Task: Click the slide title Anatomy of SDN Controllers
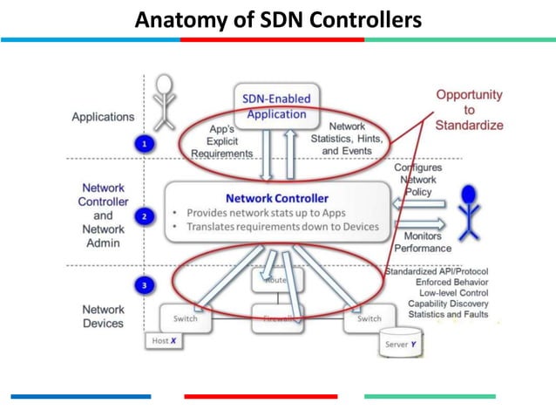tap(278, 18)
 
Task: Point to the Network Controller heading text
tap(278, 198)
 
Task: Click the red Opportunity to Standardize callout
tap(469, 109)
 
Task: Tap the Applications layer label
tap(103, 116)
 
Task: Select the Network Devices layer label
tap(103, 316)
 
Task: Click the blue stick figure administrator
tap(470, 210)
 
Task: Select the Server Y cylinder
tap(402, 343)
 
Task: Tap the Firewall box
tap(278, 318)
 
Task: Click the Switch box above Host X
tap(185, 318)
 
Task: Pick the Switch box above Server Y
tap(370, 318)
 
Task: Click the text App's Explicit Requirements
tap(219, 140)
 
